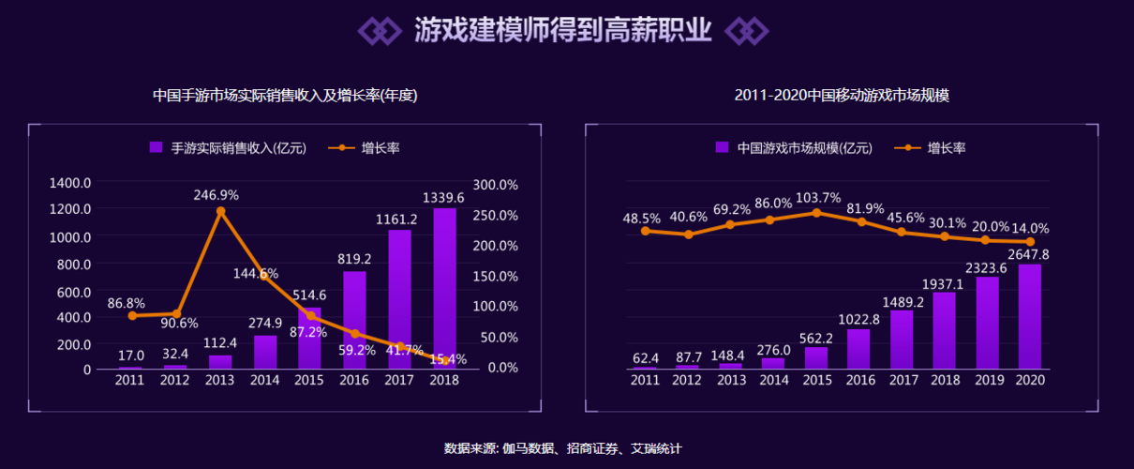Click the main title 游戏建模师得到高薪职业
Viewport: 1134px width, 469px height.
[x=562, y=29]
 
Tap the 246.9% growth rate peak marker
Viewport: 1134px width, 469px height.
[x=220, y=212]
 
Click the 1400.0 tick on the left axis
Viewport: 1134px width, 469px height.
[x=72, y=183]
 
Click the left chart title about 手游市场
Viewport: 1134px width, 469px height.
[x=285, y=96]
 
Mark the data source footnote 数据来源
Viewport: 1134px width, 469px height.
[x=562, y=448]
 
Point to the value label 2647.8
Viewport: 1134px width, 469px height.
[x=1029, y=254]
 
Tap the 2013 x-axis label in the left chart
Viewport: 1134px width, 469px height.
[x=220, y=380]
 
